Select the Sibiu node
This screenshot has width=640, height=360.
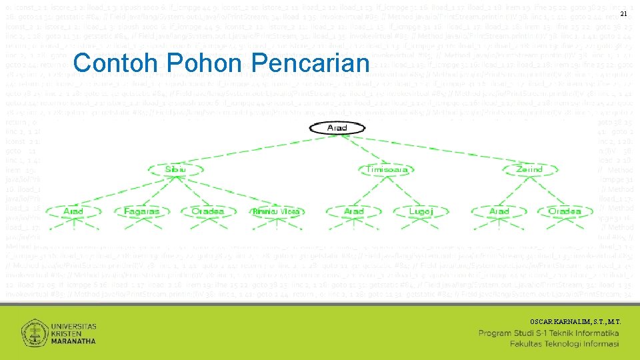click(x=175, y=169)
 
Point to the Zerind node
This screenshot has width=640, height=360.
click(x=530, y=169)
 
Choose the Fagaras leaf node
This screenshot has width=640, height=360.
click(x=142, y=211)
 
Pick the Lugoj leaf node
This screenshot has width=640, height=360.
click(x=421, y=211)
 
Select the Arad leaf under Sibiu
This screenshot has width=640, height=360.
click(x=73, y=211)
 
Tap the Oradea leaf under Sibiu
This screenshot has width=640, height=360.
click(x=207, y=211)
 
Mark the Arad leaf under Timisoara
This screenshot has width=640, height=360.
click(x=353, y=211)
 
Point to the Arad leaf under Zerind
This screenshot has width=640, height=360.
click(x=499, y=211)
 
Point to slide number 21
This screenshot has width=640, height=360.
click(x=623, y=15)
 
